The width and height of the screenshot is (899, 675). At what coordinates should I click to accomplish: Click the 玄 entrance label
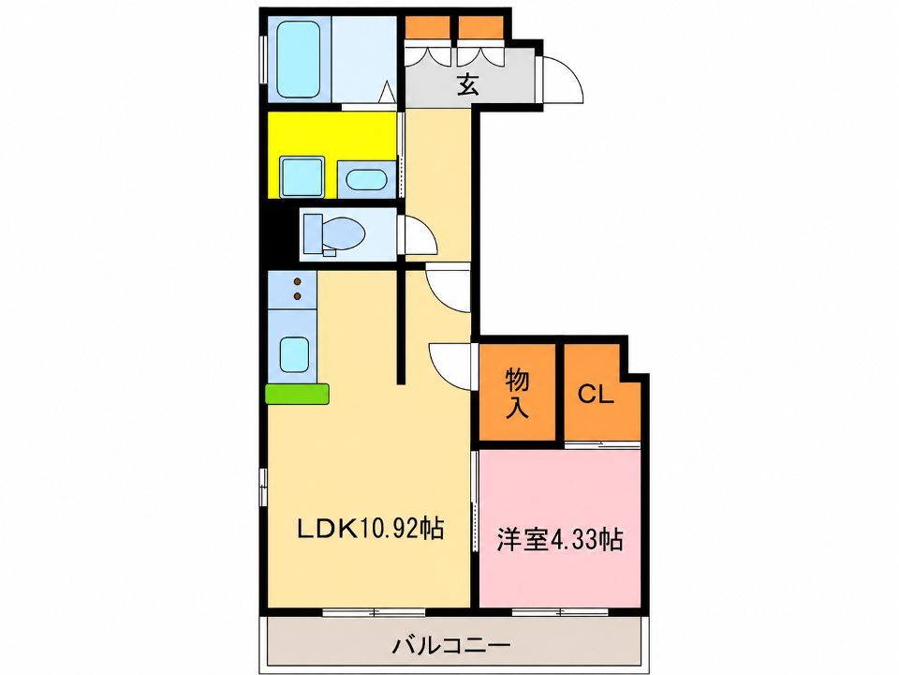click(467, 85)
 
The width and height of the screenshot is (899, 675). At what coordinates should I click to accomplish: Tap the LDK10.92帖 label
click(371, 528)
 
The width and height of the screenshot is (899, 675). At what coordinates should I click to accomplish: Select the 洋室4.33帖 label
click(560, 540)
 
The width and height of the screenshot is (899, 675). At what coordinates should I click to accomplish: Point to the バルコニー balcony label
click(450, 646)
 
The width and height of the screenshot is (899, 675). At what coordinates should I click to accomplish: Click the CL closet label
click(596, 394)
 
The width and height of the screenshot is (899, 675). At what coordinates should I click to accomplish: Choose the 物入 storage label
click(517, 393)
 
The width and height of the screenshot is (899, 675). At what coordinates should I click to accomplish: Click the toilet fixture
click(334, 234)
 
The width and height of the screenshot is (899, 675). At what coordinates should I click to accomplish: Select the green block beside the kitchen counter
click(297, 394)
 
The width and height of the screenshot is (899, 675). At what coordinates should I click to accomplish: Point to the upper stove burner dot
click(298, 281)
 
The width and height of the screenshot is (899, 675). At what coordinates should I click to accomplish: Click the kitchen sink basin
click(295, 354)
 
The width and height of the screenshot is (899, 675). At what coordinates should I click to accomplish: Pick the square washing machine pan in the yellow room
click(302, 177)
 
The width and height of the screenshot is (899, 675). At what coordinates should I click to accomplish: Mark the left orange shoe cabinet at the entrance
click(428, 27)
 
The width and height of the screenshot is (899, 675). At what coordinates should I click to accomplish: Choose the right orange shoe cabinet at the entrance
click(480, 27)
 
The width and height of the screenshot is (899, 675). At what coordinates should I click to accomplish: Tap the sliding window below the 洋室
click(560, 612)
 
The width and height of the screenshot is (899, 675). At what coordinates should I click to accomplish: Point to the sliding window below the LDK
click(374, 612)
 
